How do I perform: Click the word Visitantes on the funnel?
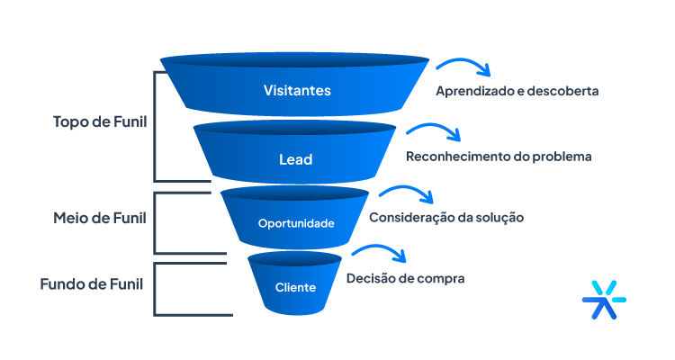[x=297, y=91]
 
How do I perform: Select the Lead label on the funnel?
[x=295, y=159]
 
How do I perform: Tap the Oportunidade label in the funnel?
[x=296, y=223]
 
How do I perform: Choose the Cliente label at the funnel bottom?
[x=295, y=288]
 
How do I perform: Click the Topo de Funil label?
[x=100, y=121]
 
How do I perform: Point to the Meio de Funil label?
[x=99, y=218]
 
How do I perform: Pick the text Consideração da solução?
[x=445, y=218]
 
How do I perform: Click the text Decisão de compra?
[x=405, y=279]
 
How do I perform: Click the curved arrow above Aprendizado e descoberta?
[x=463, y=67]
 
